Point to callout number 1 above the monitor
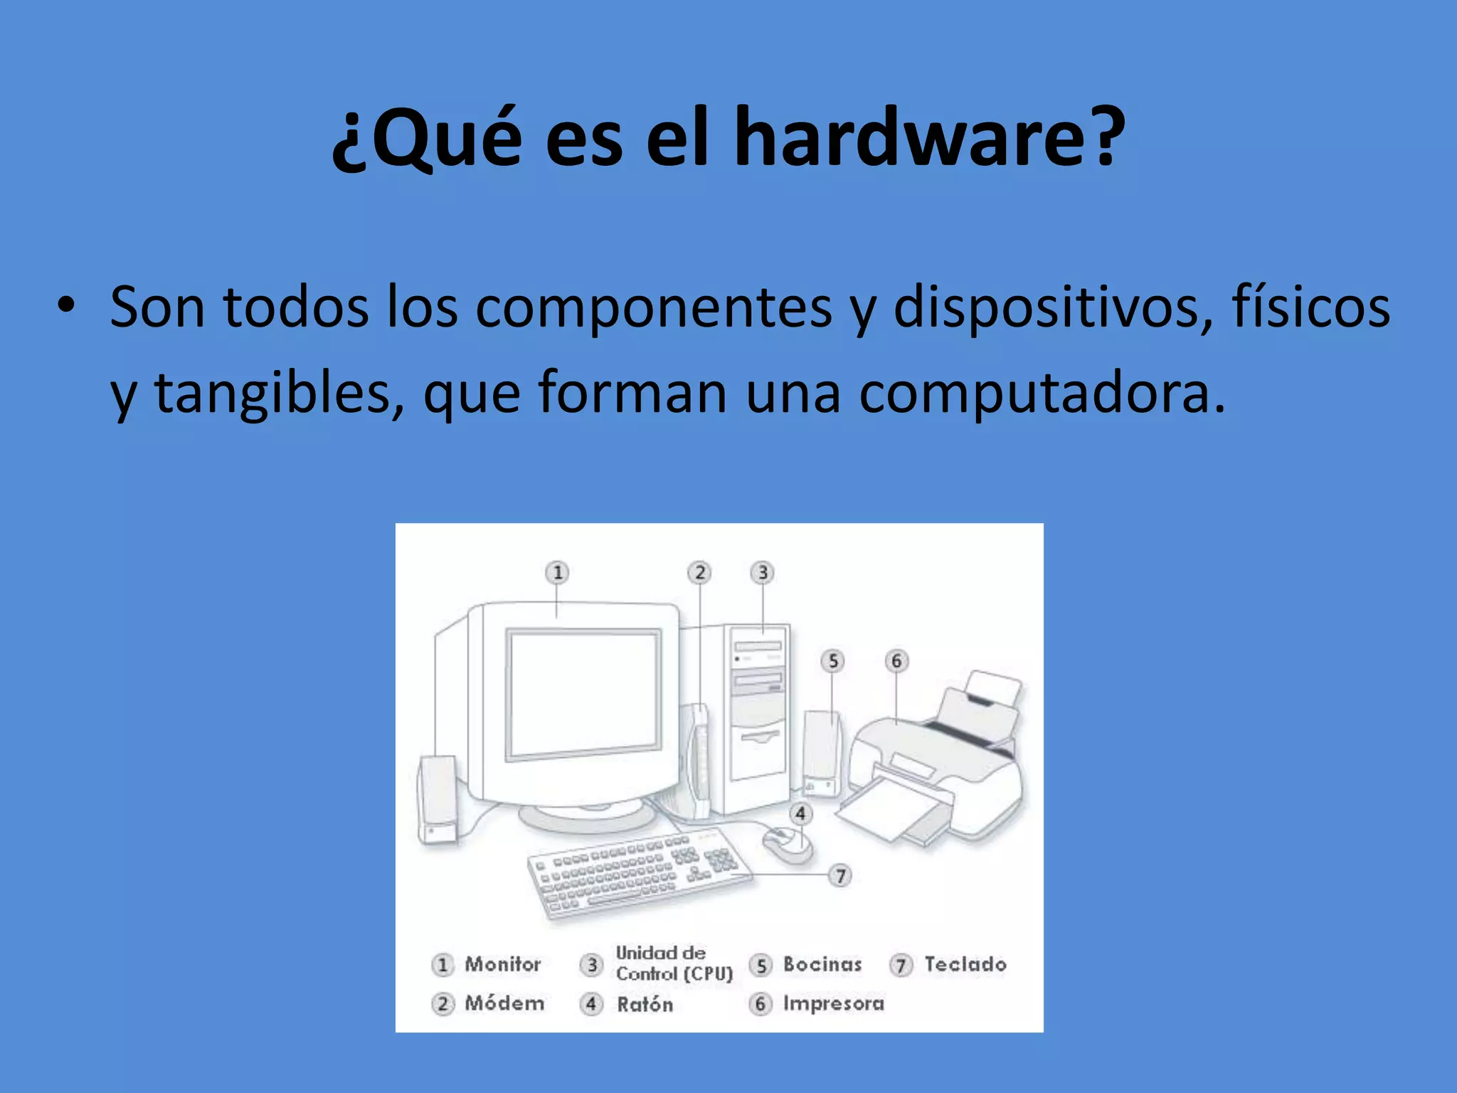click(558, 572)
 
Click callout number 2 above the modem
click(699, 572)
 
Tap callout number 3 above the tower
click(763, 572)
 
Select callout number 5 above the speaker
click(833, 661)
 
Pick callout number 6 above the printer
click(896, 661)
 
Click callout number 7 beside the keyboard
click(840, 875)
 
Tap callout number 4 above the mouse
click(800, 813)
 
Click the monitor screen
click(583, 694)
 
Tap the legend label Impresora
click(833, 1003)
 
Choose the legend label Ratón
click(645, 1004)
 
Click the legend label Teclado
click(965, 964)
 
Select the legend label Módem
click(504, 1003)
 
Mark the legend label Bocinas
click(822, 964)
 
